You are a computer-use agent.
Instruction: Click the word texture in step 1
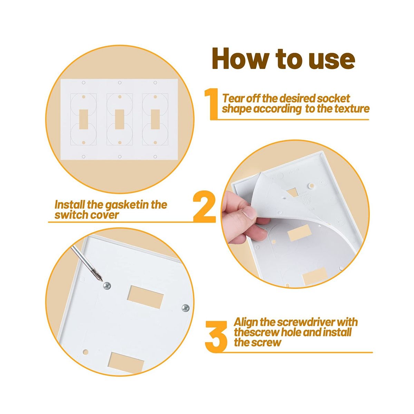[x=351, y=109]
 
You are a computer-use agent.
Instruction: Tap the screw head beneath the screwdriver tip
[x=107, y=286]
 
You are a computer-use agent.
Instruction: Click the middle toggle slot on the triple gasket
[x=120, y=119]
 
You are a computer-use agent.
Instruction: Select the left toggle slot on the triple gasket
[x=84, y=119]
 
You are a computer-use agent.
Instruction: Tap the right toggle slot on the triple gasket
[x=155, y=119]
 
